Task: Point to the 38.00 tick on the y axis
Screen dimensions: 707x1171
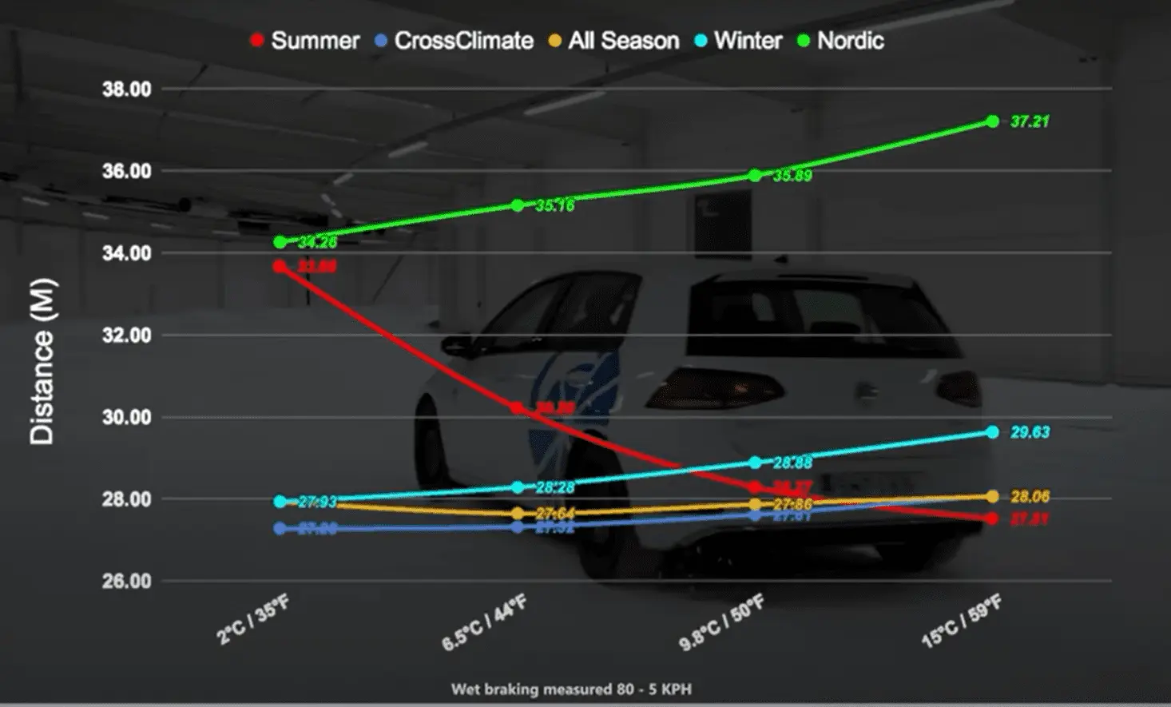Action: (126, 89)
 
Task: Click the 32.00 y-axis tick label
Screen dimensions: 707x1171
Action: (126, 336)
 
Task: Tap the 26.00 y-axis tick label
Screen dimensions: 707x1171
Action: (126, 582)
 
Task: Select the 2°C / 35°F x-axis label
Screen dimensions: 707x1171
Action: (252, 620)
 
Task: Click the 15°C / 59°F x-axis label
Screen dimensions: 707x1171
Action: (961, 622)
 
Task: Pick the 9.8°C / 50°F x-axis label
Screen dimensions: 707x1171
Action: (721, 622)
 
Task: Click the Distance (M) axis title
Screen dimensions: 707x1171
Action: (42, 361)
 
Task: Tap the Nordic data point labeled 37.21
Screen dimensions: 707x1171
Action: (992, 121)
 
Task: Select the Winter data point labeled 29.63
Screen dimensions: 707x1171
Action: (992, 432)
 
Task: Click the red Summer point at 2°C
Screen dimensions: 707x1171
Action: (280, 266)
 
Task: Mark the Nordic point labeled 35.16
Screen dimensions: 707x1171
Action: (518, 205)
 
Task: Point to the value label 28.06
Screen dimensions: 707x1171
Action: (1030, 497)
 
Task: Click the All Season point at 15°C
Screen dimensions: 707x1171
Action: (992, 497)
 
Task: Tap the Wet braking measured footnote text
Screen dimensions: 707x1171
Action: (571, 689)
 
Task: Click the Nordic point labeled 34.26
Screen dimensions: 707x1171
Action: (280, 242)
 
